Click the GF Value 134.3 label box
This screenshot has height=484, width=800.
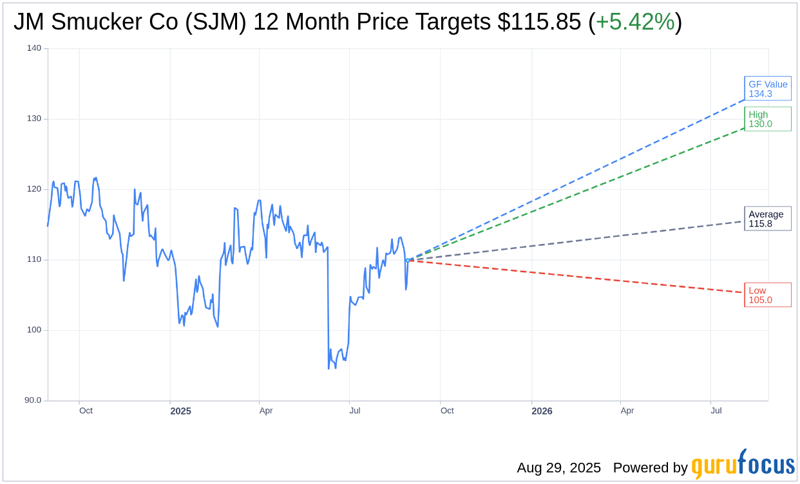(768, 89)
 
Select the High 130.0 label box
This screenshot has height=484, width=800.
(768, 119)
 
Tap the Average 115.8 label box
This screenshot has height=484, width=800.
(768, 219)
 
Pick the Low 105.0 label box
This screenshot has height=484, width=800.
(768, 295)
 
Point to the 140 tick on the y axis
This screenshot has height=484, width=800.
(34, 48)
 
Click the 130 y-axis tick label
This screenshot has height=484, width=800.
(34, 118)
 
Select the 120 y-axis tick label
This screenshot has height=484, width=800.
(34, 189)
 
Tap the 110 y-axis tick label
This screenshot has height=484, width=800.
(34, 259)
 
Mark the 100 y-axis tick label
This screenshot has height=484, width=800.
(34, 330)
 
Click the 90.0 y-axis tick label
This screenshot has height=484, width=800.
(33, 400)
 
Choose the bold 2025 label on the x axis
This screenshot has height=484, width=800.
(180, 411)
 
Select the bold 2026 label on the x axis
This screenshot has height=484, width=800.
(542, 411)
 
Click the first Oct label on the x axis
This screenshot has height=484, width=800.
(86, 411)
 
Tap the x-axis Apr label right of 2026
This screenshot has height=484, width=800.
(627, 411)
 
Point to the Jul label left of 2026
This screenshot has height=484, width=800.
(355, 411)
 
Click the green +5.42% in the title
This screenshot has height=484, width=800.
(634, 23)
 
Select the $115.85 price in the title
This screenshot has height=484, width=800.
(539, 23)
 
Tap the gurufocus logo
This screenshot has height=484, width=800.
(743, 465)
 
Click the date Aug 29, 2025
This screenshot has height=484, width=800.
(558, 468)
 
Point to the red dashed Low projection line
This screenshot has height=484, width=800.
(580, 277)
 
